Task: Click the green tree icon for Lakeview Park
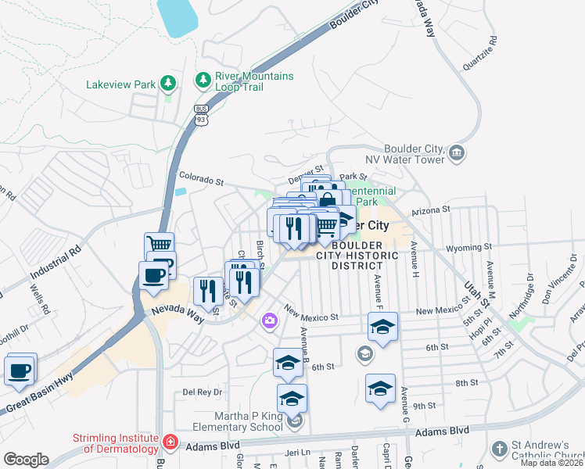click(167, 83)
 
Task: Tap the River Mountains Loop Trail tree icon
click(203, 81)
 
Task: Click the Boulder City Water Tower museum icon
click(458, 153)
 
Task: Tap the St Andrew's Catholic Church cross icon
click(499, 449)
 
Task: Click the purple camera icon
click(269, 320)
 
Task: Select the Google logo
click(26, 460)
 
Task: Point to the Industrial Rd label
click(55, 266)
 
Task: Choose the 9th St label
click(424, 406)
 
